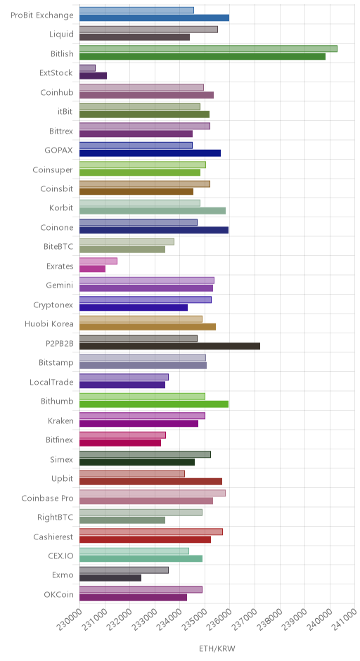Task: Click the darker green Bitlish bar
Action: (202, 56)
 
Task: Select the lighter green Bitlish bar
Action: (208, 49)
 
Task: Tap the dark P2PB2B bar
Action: (170, 346)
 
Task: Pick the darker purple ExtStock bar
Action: (93, 76)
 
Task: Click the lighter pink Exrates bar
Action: (98, 261)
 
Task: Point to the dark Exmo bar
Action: (110, 578)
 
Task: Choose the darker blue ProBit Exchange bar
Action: (154, 18)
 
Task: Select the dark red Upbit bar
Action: (151, 482)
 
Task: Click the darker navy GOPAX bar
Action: (150, 153)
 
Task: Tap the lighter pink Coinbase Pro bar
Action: (153, 493)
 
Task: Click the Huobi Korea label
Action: (49, 323)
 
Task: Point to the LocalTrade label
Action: (51, 382)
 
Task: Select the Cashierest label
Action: (53, 537)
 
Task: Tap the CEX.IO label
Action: (60, 556)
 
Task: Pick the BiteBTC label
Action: (58, 246)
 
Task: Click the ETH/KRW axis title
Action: (217, 648)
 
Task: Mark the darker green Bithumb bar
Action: (154, 404)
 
